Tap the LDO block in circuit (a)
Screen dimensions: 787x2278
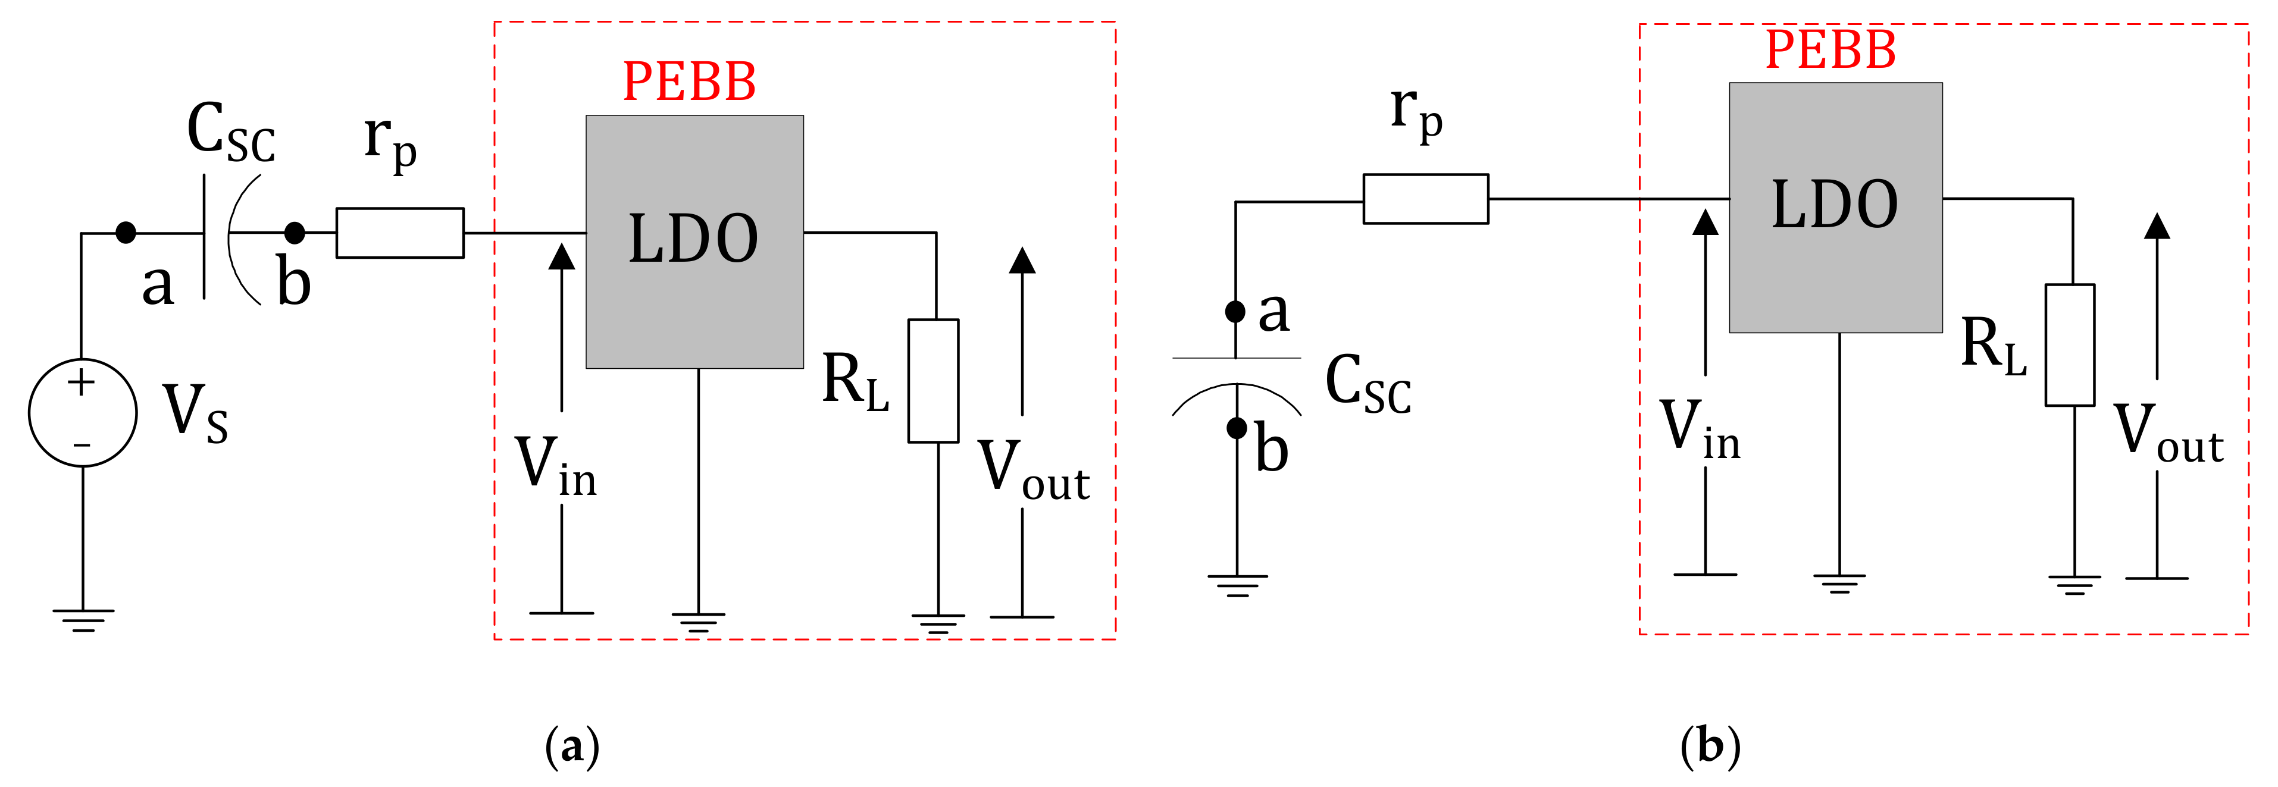(x=694, y=242)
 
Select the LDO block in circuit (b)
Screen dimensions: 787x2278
(x=1835, y=208)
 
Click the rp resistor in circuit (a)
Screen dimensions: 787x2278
(x=400, y=233)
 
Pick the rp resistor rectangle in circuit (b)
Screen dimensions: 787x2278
(x=1425, y=199)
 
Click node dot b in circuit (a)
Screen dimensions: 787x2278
(x=295, y=233)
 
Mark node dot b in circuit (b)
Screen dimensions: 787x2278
(x=1236, y=428)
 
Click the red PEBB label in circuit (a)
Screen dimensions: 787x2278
(x=689, y=82)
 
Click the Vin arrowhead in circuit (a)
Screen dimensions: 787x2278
(x=562, y=256)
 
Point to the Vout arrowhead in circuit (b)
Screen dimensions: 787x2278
(x=2157, y=227)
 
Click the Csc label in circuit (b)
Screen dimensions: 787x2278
(x=1367, y=385)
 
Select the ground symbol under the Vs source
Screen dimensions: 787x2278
(x=83, y=619)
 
